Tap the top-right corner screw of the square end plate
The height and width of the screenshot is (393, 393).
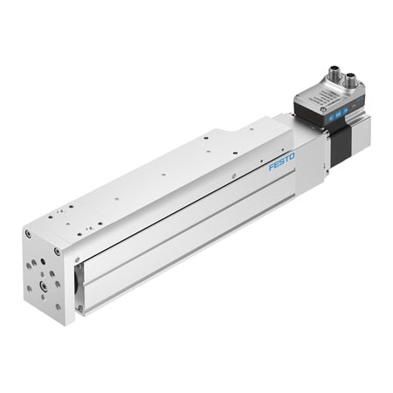[59, 252]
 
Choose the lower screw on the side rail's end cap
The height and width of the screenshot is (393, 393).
[79, 306]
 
